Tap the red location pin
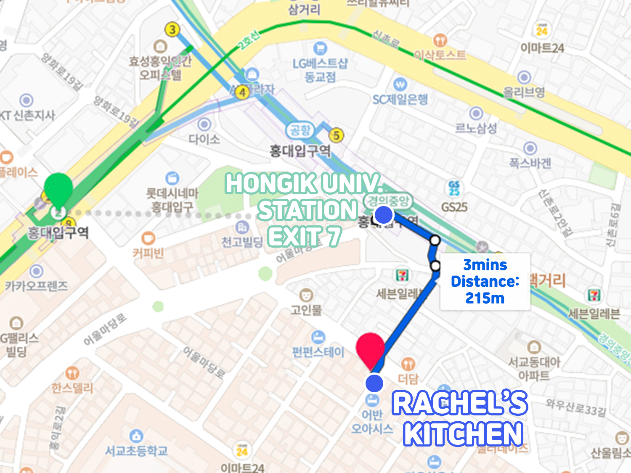pos(370,349)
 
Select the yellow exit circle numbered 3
pos(172,29)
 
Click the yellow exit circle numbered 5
pos(336,135)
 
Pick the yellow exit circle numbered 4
pos(242,92)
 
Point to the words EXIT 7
pos(304,237)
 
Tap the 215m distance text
pos(485,298)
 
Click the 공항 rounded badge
pos(300,130)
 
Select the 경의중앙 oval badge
pos(388,201)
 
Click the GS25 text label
pos(454,207)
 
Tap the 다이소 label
pos(204,139)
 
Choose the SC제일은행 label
pos(400,100)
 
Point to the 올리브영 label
pos(524,92)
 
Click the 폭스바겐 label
pos(530,163)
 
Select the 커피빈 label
pos(148,253)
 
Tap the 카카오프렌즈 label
pos(36,286)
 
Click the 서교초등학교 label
pos(136,451)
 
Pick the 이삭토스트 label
pos(440,55)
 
